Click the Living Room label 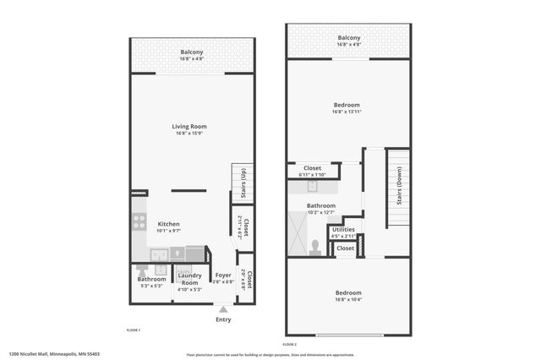[x=190, y=126]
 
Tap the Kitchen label [x=169, y=224]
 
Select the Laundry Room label [x=190, y=282]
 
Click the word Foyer [x=223, y=275]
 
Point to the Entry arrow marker [x=223, y=309]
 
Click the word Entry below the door [x=223, y=319]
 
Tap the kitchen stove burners [x=139, y=221]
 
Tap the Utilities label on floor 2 [x=343, y=229]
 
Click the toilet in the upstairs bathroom [x=314, y=246]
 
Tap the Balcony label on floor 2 [x=349, y=38]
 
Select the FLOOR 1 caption [x=134, y=330]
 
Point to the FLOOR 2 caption [x=290, y=344]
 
